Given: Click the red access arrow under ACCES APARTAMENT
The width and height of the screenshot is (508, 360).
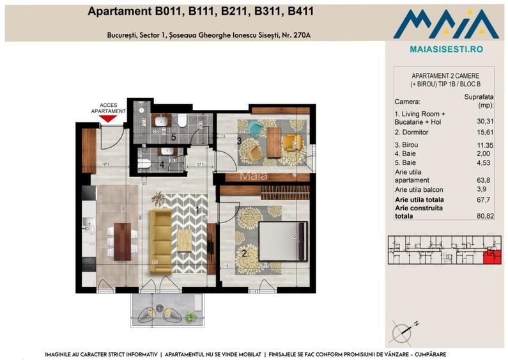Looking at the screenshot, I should (109, 118).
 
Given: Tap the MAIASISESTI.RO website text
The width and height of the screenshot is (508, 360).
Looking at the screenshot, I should (445, 49).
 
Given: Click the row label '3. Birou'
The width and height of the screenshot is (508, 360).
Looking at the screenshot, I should (410, 145).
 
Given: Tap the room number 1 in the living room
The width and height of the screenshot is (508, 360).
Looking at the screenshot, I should (198, 209).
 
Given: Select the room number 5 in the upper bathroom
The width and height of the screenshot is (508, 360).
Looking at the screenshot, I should (173, 136).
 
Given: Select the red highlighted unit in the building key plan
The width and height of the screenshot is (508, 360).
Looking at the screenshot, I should (491, 256).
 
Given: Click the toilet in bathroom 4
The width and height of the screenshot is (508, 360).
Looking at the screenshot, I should (143, 164).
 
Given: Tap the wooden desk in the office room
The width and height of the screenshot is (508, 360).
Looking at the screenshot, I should (273, 142).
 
